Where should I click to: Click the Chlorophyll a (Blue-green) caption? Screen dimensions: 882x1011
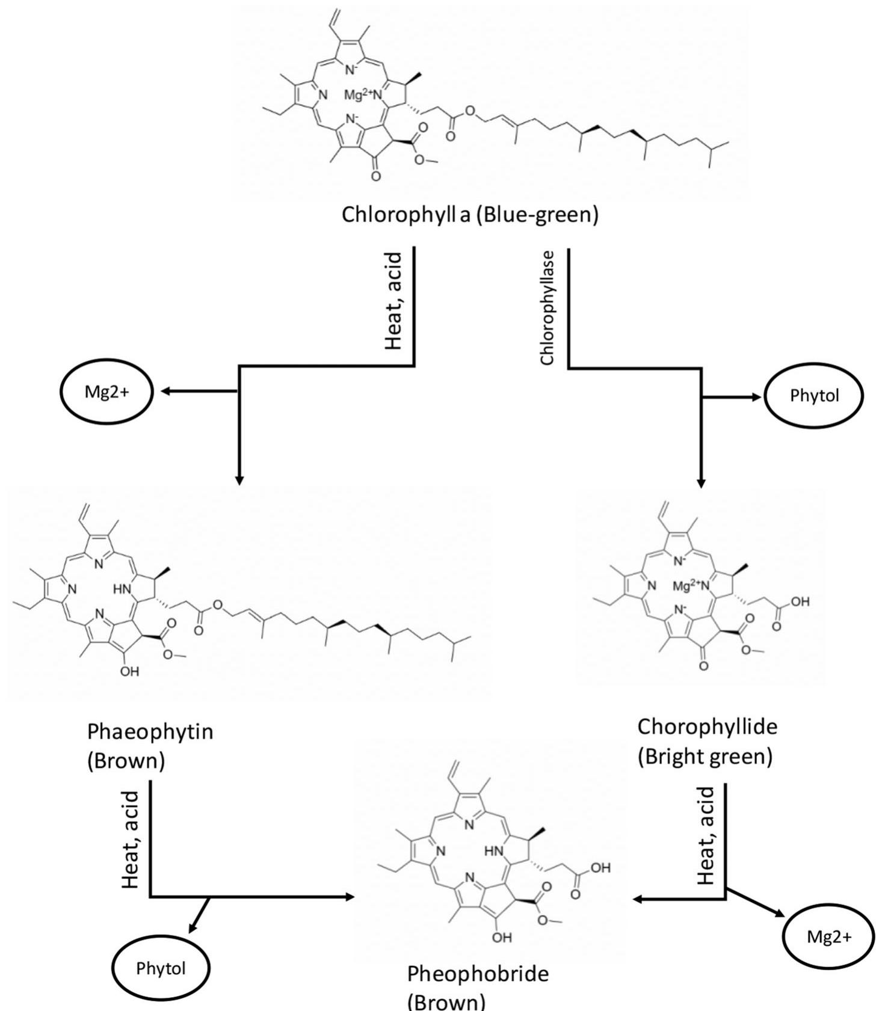470,215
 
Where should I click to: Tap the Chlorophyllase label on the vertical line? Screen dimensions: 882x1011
547,308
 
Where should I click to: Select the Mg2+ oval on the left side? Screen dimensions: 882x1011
106,392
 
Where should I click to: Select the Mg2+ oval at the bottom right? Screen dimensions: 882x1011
828,937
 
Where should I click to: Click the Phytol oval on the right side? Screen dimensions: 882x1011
813,396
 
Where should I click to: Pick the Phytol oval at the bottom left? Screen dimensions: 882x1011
161,968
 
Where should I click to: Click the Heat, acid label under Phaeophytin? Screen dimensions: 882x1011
131,840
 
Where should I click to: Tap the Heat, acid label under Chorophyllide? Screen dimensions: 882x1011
706,836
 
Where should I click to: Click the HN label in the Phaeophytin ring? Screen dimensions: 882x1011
122,590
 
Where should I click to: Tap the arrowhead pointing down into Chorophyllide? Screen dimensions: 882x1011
701,482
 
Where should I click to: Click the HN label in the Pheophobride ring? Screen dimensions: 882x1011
493,851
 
